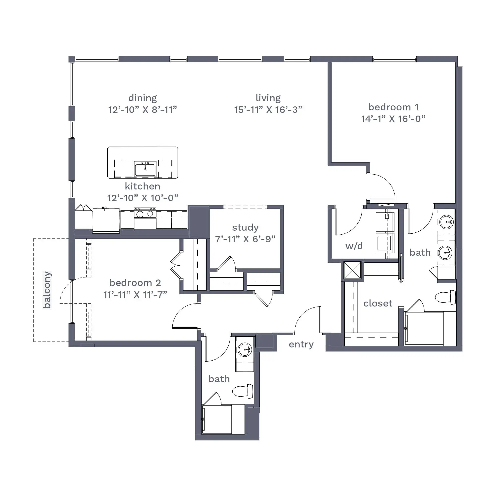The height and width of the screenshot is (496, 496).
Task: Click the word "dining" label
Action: [x=143, y=98]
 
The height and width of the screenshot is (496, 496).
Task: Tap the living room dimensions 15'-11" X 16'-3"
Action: [x=268, y=110]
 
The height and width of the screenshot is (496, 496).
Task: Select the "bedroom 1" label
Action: [x=393, y=107]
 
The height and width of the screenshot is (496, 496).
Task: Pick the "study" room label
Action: [x=246, y=228]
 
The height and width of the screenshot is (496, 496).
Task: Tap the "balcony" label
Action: [x=47, y=290]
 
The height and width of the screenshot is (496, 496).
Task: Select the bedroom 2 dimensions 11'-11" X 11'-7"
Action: [x=135, y=294]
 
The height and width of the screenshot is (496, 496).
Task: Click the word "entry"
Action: [x=301, y=344]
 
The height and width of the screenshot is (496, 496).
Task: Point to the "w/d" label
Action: [x=354, y=246]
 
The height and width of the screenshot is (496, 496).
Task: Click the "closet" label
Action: [x=378, y=304]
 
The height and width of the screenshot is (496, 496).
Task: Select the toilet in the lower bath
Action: [x=243, y=391]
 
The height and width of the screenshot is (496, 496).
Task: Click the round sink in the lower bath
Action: [x=245, y=349]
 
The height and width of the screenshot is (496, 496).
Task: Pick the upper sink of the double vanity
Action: [x=446, y=222]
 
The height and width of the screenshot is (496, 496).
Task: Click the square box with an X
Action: [x=352, y=270]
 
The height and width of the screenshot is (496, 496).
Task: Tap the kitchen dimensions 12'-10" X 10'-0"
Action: [x=143, y=198]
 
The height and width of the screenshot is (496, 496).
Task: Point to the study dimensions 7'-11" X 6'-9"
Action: [x=246, y=239]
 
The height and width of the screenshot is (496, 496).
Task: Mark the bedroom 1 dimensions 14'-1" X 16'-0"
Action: [x=393, y=119]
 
